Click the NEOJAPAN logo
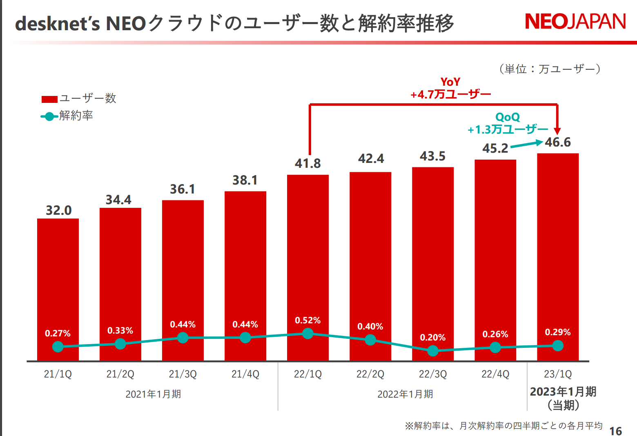[575, 22]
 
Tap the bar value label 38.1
[245, 180]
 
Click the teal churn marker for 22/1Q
[308, 334]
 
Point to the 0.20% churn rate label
[433, 338]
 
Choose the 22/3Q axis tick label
[433, 374]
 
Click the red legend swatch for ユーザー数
[49, 99]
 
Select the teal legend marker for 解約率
[49, 117]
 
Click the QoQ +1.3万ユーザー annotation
[508, 124]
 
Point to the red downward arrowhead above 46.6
[557, 131]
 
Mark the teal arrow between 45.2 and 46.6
[527, 144]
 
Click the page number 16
[615, 431]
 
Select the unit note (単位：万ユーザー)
[550, 69]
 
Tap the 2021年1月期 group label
[153, 394]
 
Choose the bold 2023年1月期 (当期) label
[563, 398]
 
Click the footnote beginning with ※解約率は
[503, 426]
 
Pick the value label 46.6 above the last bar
[558, 142]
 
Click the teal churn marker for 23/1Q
[558, 346]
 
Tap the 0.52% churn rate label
[308, 320]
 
